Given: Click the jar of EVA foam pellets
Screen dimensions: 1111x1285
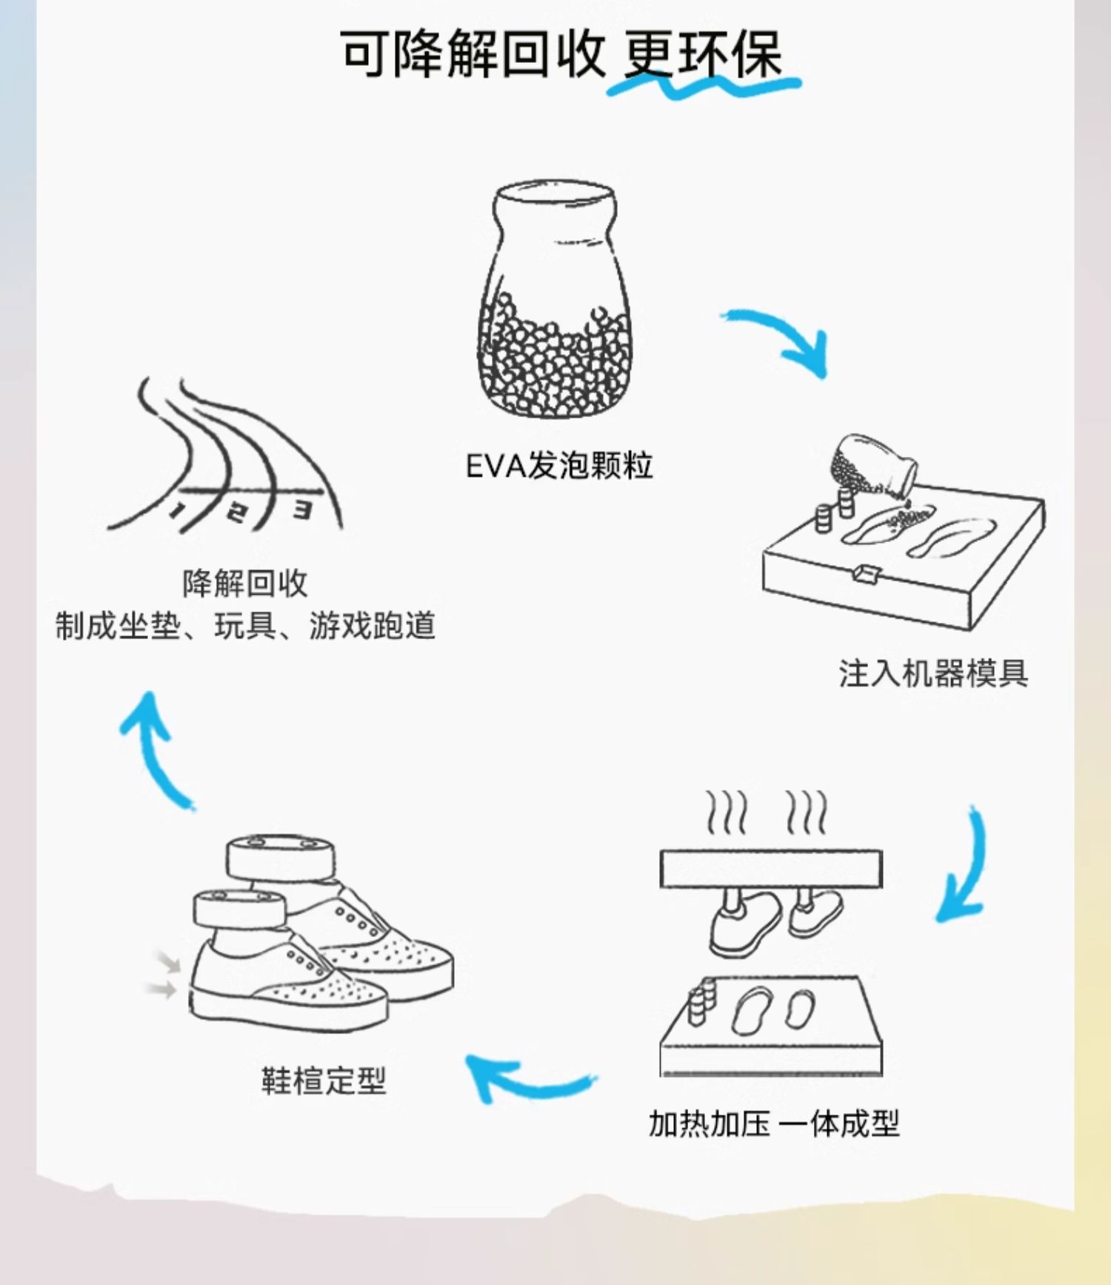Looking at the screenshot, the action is tap(554, 300).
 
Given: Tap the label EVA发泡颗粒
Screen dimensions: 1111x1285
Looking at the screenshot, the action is tap(559, 466).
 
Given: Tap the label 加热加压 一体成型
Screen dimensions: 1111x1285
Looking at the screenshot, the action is tap(774, 1124).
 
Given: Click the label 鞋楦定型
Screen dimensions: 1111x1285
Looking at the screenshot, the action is tap(324, 1081).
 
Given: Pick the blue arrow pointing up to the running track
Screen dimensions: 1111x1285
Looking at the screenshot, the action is tap(156, 752).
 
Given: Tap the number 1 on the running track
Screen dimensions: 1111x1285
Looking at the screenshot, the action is tap(178, 510).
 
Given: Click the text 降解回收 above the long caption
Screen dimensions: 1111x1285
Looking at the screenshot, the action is tap(244, 584).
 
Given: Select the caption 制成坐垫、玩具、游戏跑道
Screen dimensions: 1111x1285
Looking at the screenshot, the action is tap(244, 627).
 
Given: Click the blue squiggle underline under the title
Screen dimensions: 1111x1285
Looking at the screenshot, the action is tap(704, 86).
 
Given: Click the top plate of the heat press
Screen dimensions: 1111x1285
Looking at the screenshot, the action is tap(771, 869).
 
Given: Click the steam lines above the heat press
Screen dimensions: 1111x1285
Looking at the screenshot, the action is tap(767, 812).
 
